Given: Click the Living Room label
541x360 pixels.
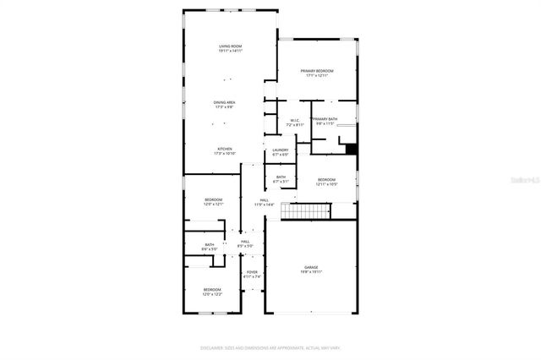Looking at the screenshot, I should (230, 48).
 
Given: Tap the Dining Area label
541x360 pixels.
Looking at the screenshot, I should (224, 104).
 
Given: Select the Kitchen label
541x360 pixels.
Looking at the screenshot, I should (224, 150).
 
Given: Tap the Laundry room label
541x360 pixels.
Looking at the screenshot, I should (281, 152).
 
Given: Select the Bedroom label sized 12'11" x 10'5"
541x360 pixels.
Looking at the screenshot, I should (326, 181).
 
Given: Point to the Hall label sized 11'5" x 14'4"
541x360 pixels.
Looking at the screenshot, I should (265, 202).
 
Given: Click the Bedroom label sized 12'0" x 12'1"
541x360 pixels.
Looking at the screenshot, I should (213, 201).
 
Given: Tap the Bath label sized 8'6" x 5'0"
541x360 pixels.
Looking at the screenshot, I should (209, 247).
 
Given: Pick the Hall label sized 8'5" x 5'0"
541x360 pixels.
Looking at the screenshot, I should (245, 243).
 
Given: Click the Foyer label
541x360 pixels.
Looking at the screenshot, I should (252, 274).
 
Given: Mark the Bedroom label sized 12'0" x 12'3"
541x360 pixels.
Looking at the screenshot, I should (212, 292).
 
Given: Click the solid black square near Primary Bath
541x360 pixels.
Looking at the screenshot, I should (352, 150).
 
